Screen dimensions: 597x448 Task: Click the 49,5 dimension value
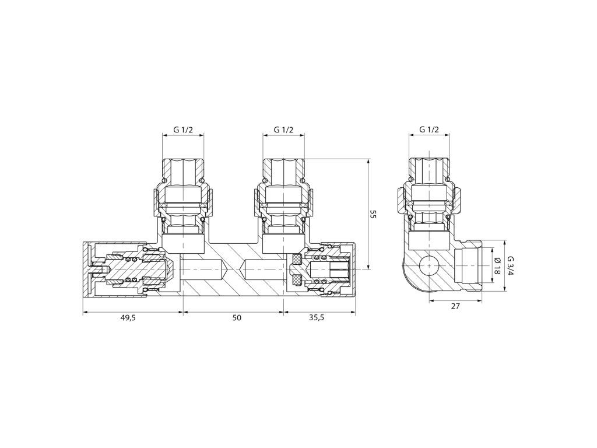click(128, 318)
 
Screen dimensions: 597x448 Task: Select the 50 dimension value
click(237, 318)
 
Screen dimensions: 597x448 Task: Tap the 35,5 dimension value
click(317, 318)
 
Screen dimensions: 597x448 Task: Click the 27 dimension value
click(455, 306)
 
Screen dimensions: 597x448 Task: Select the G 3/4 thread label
click(511, 266)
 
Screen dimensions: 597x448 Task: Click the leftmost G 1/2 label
click(183, 129)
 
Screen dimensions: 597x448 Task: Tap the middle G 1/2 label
click(284, 129)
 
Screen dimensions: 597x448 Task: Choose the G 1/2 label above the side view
click(429, 129)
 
